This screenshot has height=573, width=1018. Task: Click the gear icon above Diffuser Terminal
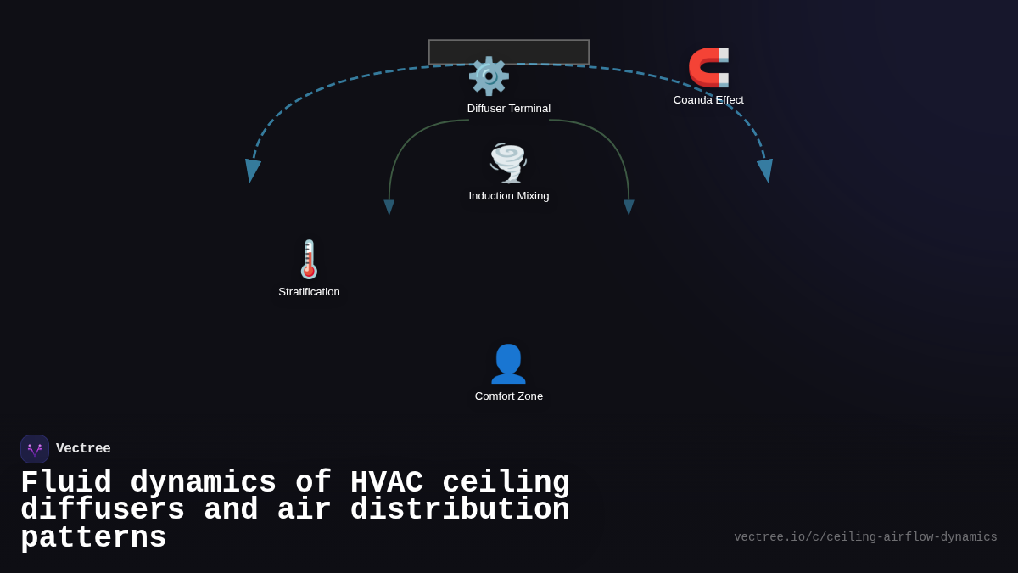coord(489,76)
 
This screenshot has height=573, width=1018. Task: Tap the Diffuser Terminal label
coord(509,109)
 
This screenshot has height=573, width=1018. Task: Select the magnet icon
coord(708,68)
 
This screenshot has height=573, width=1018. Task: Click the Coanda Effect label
coord(708,100)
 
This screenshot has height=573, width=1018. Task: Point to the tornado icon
coord(508,163)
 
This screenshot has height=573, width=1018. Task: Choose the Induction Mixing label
coord(509,196)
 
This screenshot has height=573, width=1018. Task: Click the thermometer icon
coord(309,259)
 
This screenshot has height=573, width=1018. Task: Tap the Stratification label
coord(309,292)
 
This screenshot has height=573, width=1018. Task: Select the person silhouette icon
coord(508,363)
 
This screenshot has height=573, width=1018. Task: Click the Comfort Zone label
coord(509,396)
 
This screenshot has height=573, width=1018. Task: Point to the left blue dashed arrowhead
coord(252,170)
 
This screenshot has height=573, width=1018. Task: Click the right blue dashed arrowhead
coord(766,170)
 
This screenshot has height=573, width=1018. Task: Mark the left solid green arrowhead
coord(389,207)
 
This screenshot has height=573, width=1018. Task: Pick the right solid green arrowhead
coord(629,207)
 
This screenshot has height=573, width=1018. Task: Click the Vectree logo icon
coord(35,449)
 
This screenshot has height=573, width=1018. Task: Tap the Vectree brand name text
coord(83,449)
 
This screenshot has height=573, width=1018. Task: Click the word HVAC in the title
coord(386,483)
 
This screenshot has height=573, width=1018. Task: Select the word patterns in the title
coord(93,538)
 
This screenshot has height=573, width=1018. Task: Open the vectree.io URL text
coord(865,537)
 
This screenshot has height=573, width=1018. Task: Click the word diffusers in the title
coord(103,510)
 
